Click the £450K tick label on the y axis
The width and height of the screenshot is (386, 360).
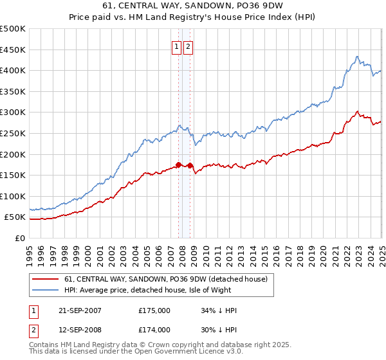tap(13, 50)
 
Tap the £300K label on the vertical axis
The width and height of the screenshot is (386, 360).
tap(13, 113)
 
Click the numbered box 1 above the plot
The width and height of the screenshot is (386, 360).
tap(176, 46)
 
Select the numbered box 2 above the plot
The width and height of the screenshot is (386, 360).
tap(188, 46)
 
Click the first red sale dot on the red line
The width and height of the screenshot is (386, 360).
tap(178, 165)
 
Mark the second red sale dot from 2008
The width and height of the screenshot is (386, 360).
tap(190, 165)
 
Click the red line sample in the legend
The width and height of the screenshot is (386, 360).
tap(45, 279)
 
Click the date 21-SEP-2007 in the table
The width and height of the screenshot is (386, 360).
tap(80, 310)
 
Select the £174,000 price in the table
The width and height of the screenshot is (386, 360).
tap(154, 330)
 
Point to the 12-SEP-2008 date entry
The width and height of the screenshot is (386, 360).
tap(80, 330)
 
